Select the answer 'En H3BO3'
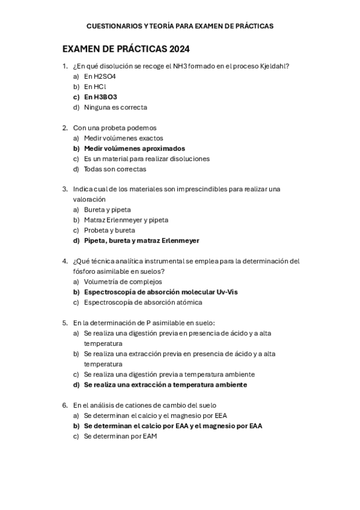[100, 97]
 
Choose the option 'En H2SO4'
[100, 76]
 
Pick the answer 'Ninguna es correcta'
[115, 107]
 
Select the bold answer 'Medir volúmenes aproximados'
[135, 149]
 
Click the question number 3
[65, 189]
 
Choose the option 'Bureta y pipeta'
[107, 209]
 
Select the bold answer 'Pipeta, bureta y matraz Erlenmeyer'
[141, 241]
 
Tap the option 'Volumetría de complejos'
[123, 281]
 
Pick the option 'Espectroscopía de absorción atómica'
[143, 302]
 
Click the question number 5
[65, 322]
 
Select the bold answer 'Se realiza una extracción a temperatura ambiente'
[165, 384]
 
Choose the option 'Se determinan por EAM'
[120, 436]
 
